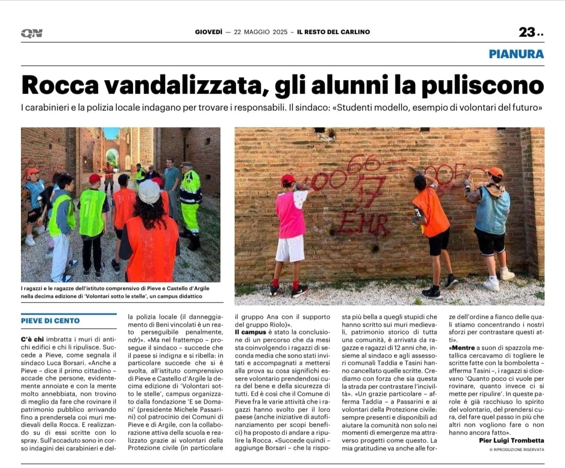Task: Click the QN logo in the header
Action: pos(31,33)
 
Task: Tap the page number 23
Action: pos(527,32)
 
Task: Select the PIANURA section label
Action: pos(516,53)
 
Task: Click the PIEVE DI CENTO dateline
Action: pos(50,321)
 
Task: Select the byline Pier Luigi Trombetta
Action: pos(512,440)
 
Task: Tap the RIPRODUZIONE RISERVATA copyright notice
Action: pos(517,449)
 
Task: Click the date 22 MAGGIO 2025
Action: pos(260,32)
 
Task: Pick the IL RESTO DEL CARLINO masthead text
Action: pos(334,32)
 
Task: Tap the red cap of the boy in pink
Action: pos(287,180)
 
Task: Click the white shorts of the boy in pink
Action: pos(290,248)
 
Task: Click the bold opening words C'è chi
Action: pos(33,339)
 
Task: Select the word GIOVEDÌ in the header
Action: pos(208,32)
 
